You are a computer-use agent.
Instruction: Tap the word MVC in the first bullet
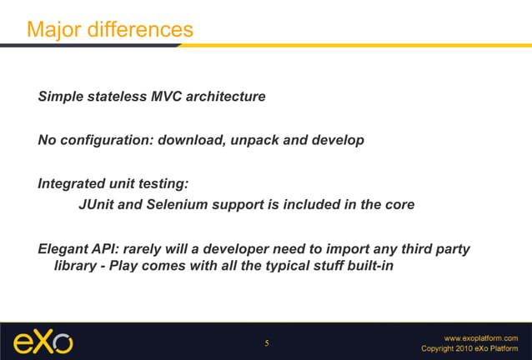pyautogui.click(x=167, y=97)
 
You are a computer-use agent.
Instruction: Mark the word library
pyautogui.click(x=74, y=266)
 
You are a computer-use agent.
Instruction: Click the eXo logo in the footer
pyautogui.click(x=42, y=342)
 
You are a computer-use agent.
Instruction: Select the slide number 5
pyautogui.click(x=267, y=343)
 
